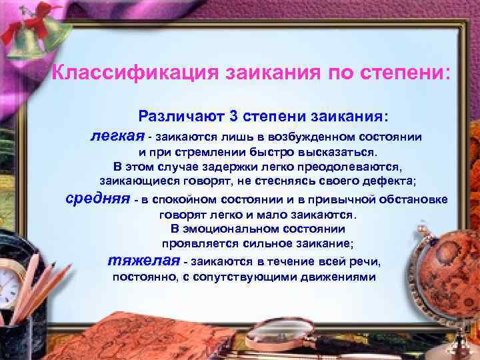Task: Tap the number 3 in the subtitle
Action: click(x=233, y=116)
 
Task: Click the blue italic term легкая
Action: click(x=117, y=137)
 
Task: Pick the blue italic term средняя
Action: click(x=98, y=199)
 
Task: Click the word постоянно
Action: click(x=142, y=276)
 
